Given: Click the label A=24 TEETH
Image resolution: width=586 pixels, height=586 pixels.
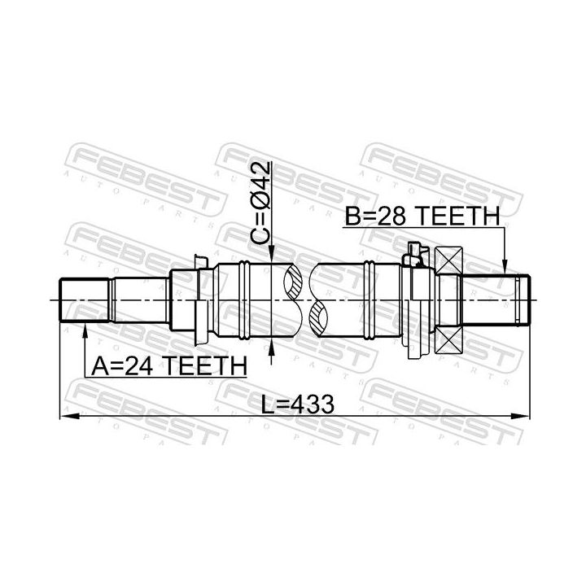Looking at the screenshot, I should click(x=168, y=365).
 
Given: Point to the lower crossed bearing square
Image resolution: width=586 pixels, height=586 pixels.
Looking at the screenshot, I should click(x=449, y=338).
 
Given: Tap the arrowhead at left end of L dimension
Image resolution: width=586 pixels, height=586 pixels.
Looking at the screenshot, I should click(x=65, y=416).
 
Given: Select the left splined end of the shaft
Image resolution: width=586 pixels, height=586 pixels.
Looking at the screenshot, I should click(x=85, y=300).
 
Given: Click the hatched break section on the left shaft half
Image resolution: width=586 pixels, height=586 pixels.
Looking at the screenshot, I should click(x=294, y=283).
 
